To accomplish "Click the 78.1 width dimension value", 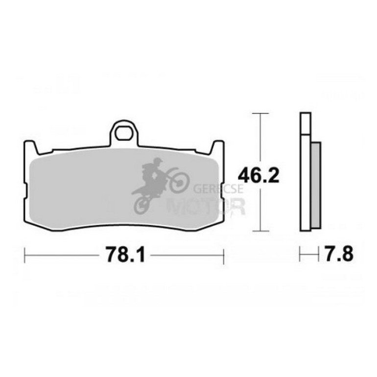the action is (126, 255).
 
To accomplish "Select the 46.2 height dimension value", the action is (259, 175).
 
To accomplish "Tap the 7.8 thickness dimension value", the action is (339, 254).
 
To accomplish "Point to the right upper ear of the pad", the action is (217, 148).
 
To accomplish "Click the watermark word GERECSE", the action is (218, 189).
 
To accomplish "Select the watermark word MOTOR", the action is (206, 207).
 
